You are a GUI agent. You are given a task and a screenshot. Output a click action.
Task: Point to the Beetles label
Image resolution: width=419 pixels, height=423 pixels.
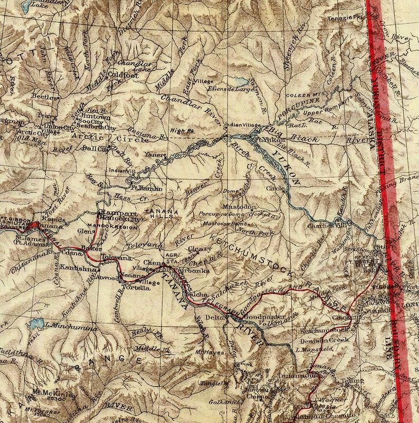[x=41, y=97]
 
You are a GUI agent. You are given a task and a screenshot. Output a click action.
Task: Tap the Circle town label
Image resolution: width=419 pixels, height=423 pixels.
[x=275, y=188]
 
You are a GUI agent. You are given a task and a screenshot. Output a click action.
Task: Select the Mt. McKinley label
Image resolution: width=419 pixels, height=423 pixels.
[x=54, y=392]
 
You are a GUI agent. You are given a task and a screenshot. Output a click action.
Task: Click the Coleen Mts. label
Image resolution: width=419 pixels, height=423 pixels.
[x=302, y=95]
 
